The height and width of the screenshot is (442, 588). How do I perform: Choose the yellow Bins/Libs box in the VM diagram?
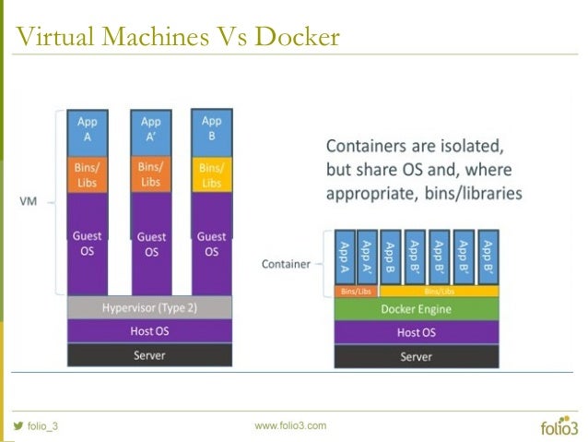[x=211, y=174]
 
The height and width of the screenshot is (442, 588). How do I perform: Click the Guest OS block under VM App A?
[x=88, y=244]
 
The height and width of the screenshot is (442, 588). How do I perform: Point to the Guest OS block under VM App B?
[x=211, y=244]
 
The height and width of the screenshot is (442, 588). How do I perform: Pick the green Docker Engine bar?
[x=416, y=309]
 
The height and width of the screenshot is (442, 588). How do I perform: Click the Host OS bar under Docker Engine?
[x=416, y=332]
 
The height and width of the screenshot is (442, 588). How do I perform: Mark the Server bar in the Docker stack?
[x=416, y=356]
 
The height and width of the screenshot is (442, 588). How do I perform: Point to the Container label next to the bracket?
[x=286, y=264]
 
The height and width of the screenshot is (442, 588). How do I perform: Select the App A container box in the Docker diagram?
[x=345, y=256]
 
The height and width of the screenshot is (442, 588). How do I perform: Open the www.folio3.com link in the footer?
[x=290, y=425]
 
